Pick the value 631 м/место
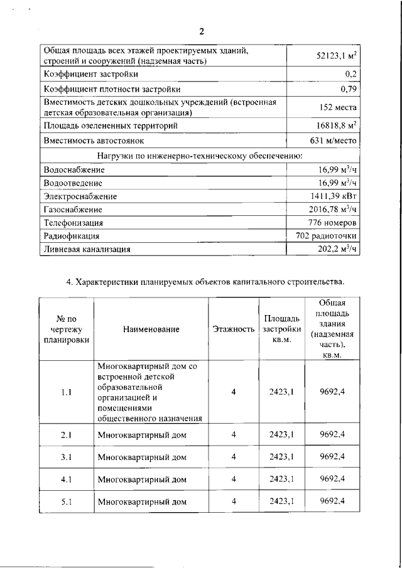334,141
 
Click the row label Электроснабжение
80,196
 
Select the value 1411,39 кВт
334,196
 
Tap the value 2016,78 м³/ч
334,210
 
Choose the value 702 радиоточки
327,236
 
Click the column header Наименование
151,329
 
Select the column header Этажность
233,329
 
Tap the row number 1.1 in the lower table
67,392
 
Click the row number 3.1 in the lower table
67,457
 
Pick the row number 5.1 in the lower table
67,501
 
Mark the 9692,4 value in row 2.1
332,434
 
